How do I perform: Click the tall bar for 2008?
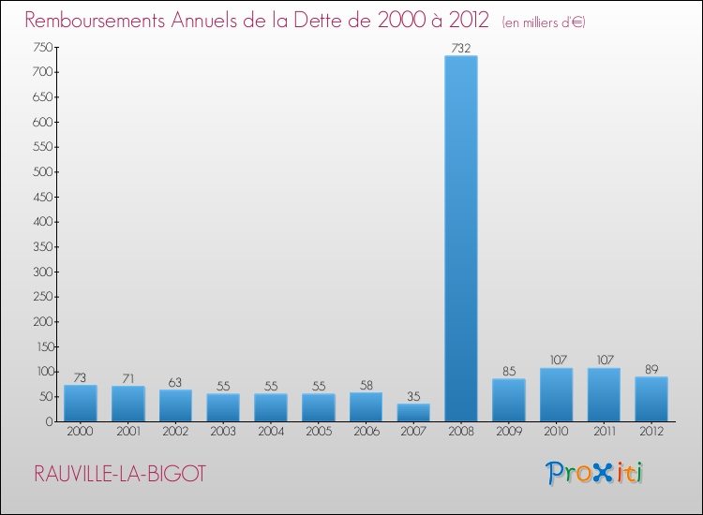tap(460, 239)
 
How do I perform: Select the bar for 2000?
tap(80, 404)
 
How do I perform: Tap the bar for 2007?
tap(412, 413)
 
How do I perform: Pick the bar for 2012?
tap(651, 399)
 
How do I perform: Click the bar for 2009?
tap(508, 400)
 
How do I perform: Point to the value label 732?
tap(460, 48)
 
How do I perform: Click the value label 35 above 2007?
tap(412, 396)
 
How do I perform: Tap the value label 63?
tap(175, 382)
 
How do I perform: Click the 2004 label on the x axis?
tap(270, 432)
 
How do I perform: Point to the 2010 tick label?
tap(556, 432)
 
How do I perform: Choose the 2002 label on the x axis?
tap(175, 432)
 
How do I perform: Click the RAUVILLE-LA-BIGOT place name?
tap(119, 474)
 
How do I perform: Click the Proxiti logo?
tap(595, 473)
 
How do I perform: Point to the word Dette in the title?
tap(322, 21)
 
